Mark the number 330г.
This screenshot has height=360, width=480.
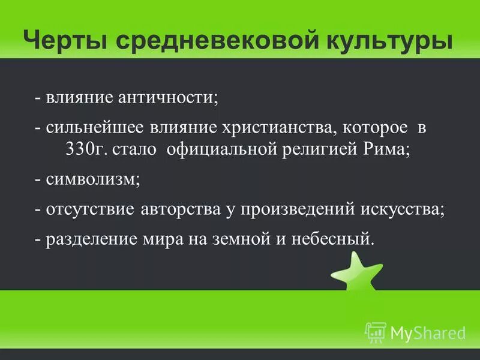[x=87, y=149]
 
